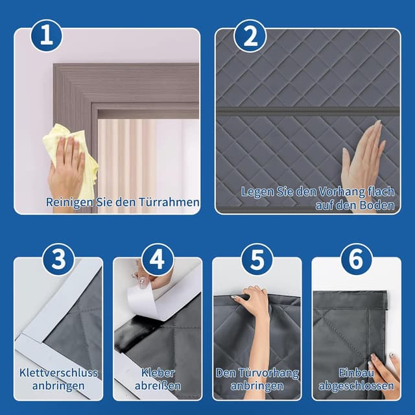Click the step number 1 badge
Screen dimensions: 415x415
point(47,36)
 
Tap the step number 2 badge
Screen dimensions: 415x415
point(250,36)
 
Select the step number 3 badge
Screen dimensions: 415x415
point(58,259)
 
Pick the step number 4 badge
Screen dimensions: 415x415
point(158,259)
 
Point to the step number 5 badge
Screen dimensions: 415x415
point(257,259)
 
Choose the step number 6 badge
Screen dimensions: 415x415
point(356,259)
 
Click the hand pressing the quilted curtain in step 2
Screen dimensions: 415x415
point(363,156)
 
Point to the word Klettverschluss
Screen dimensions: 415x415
point(58,373)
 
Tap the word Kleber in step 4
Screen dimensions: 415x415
point(158,373)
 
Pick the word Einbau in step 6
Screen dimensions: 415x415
point(356,373)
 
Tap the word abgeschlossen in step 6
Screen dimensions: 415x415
point(356,386)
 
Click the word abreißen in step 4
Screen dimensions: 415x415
point(158,386)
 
